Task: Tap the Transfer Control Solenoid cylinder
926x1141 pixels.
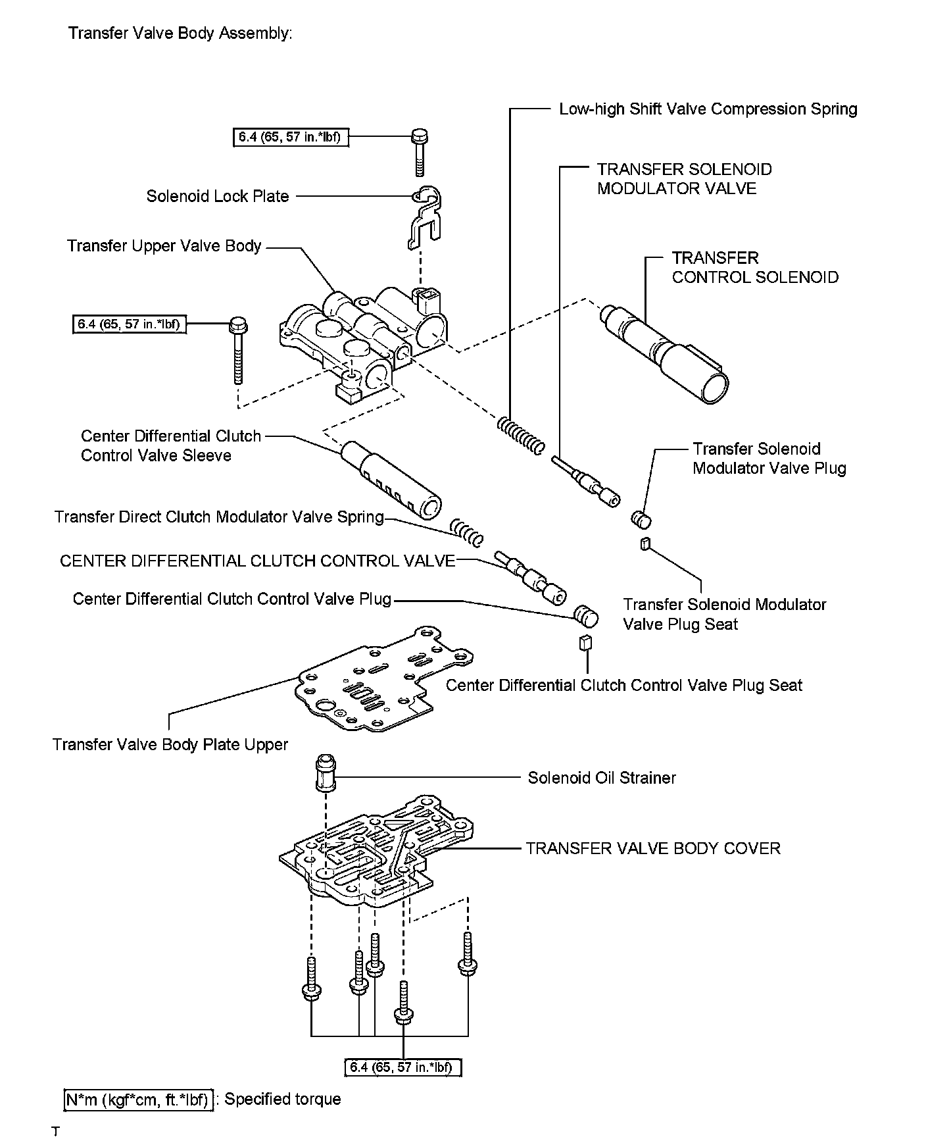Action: (665, 352)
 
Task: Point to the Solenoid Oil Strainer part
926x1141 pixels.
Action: (325, 774)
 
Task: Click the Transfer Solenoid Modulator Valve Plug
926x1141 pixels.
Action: (641, 520)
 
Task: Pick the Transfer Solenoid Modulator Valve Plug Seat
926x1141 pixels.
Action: (645, 543)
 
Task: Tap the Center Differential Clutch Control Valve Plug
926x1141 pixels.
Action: (585, 616)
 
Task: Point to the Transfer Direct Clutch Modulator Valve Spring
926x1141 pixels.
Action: (467, 532)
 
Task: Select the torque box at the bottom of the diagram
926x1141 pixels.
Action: (402, 1067)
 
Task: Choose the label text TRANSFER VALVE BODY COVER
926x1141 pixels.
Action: (652, 848)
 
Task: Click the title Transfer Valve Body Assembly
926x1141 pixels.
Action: (180, 33)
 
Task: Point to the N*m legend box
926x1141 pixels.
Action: (139, 1100)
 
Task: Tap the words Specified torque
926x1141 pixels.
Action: (283, 1099)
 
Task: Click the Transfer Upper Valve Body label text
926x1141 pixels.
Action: (164, 246)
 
